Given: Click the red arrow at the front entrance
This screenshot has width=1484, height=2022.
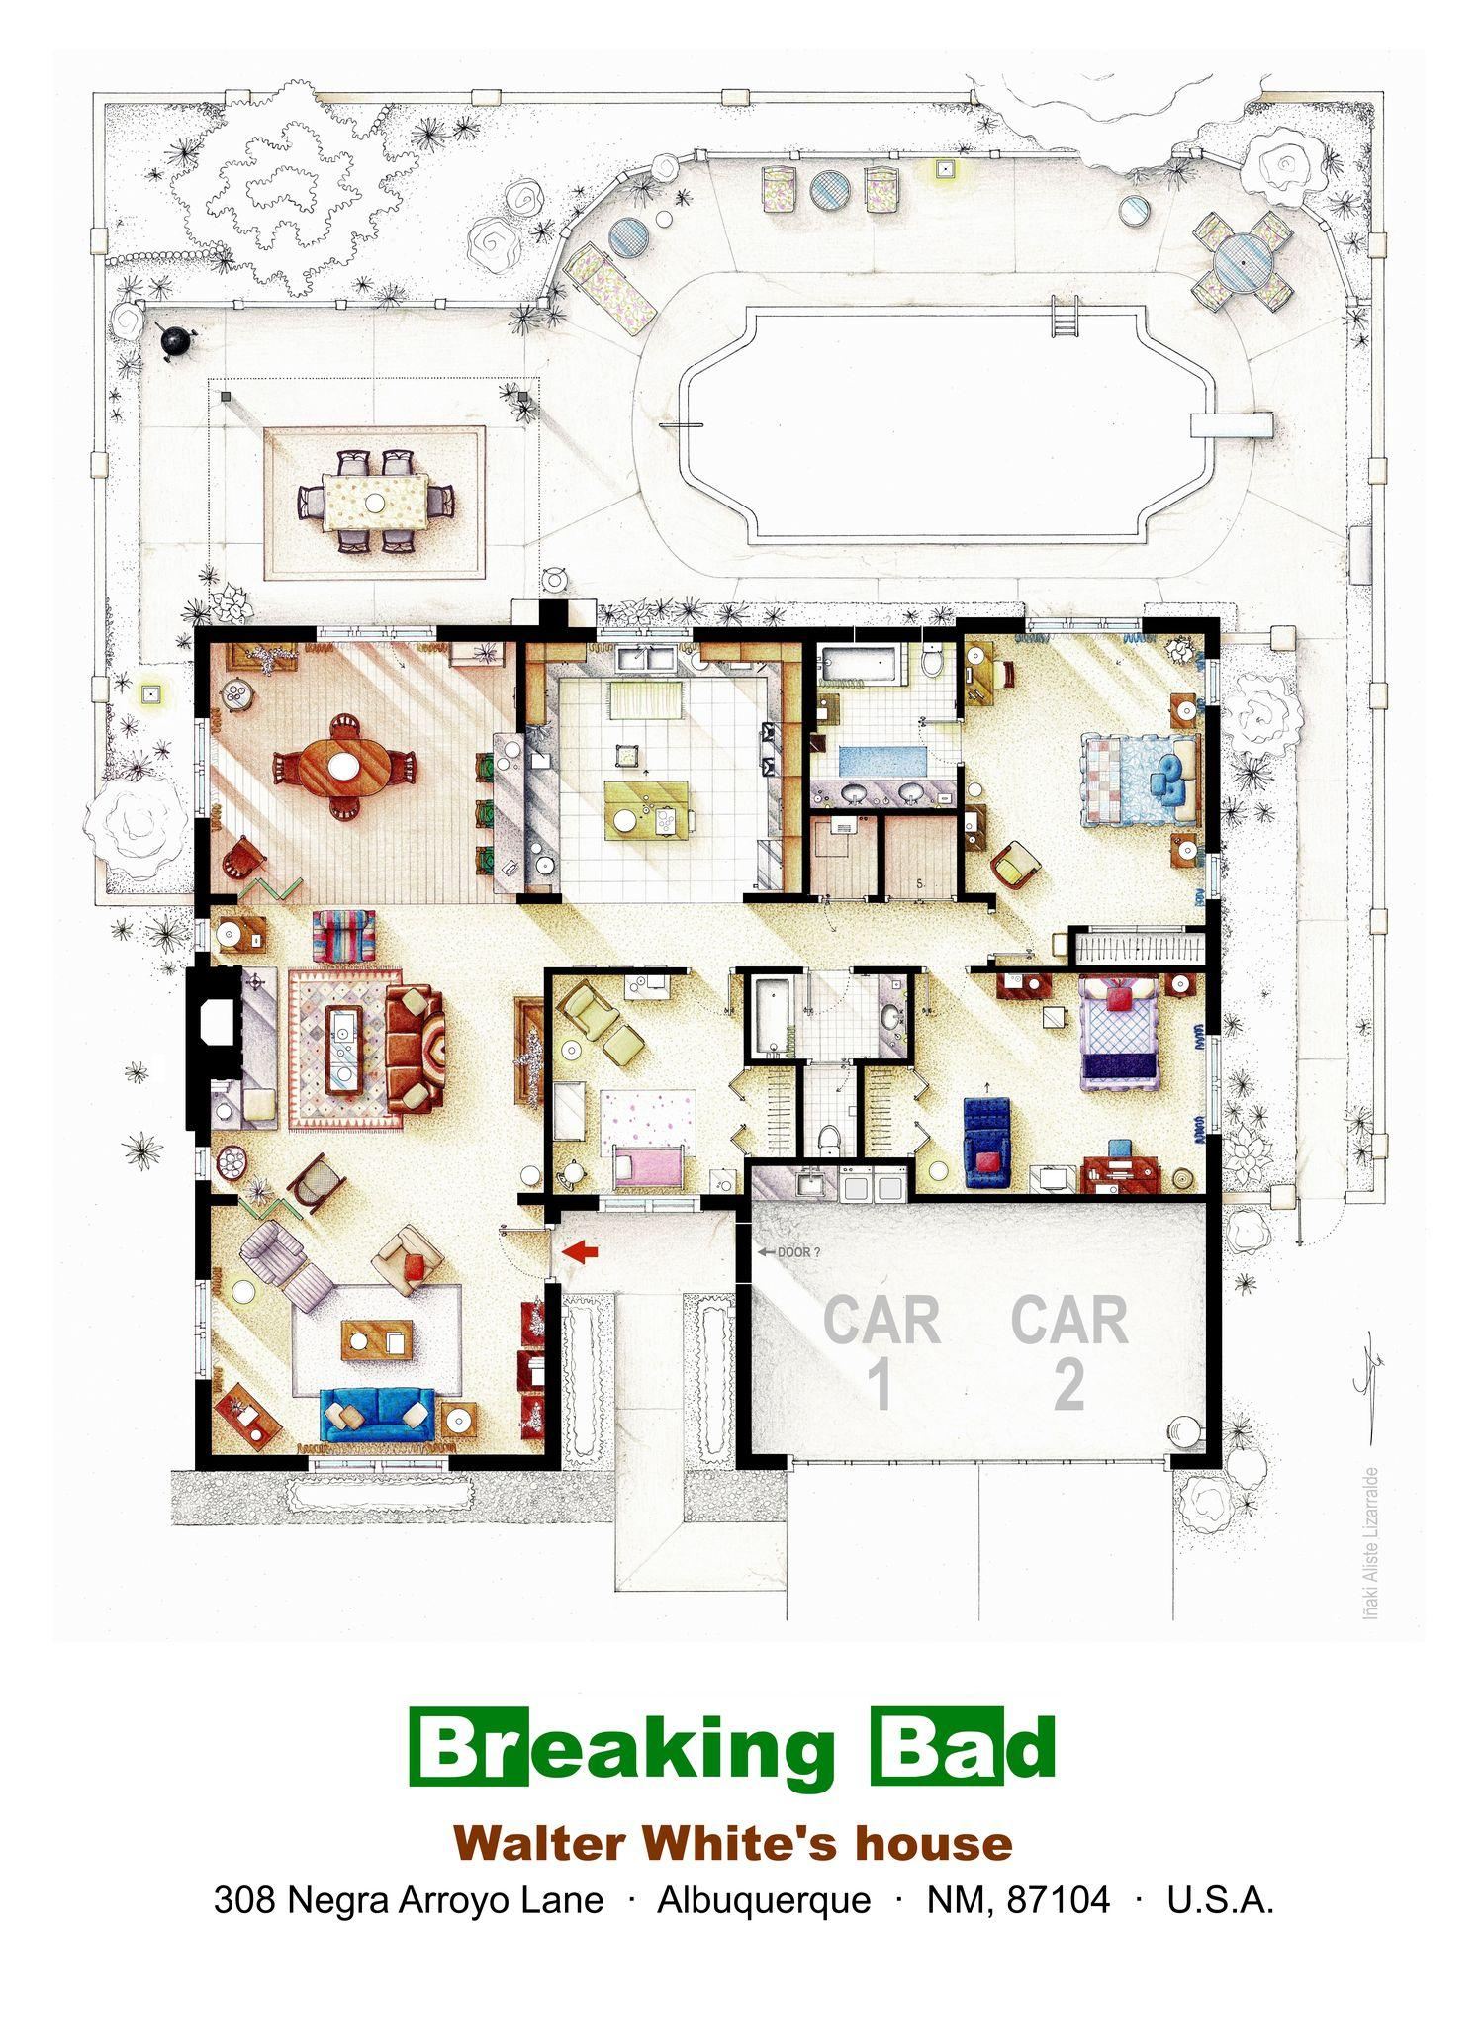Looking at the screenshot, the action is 581,1252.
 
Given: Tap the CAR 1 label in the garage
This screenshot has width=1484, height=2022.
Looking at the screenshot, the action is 881,1352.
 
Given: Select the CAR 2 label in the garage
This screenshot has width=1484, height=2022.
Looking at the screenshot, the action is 1068,1352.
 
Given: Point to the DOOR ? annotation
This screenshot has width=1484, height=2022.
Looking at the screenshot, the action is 789,1252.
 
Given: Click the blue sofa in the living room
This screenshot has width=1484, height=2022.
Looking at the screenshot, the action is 378,1414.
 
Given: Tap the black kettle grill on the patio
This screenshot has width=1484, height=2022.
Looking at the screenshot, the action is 176,340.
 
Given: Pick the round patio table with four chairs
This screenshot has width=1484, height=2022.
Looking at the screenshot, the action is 1243,260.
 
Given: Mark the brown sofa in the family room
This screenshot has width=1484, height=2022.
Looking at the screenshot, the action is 415,1048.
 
